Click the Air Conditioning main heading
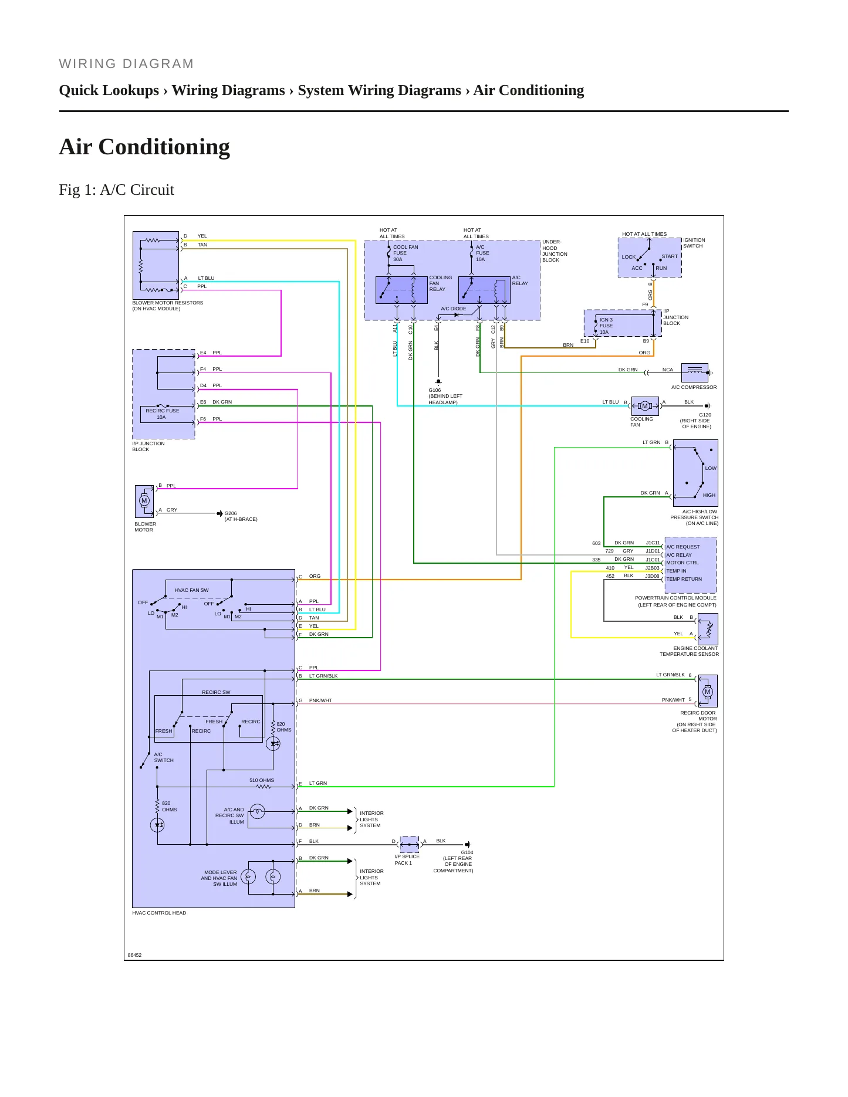pos(144,147)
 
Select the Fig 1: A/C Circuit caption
pos(117,190)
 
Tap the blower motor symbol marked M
pos(144,501)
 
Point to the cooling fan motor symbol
pos(645,406)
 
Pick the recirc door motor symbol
pos(708,691)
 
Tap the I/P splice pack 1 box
pos(410,845)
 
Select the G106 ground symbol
pos(438,382)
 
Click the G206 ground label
pos(231,513)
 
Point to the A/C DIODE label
pos(454,309)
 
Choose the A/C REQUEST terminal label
pos(683,547)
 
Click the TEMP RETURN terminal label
pos(684,579)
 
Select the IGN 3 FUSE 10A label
pos(606,326)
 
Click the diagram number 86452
pos(135,955)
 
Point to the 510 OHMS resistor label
pos(262,780)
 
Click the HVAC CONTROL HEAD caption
pos(160,913)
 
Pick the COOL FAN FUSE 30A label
pos(406,253)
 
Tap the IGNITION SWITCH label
pos(694,243)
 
